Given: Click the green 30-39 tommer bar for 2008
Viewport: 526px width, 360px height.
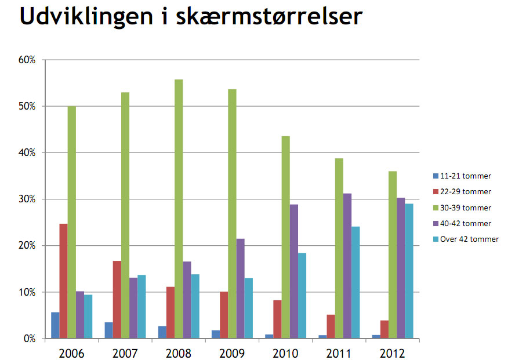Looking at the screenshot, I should point(179,209).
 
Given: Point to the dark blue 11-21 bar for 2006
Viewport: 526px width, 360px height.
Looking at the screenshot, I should point(55,325).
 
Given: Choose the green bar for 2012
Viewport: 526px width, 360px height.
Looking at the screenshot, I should point(393,254).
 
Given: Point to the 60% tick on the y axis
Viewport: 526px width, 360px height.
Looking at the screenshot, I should point(28,60).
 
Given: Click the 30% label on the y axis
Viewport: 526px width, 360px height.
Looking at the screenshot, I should point(28,199).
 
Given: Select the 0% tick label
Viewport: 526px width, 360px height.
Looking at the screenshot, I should point(30,339).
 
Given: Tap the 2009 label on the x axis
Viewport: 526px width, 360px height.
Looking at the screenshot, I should point(232,352).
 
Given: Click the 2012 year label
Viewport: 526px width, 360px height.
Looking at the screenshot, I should point(393,352).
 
